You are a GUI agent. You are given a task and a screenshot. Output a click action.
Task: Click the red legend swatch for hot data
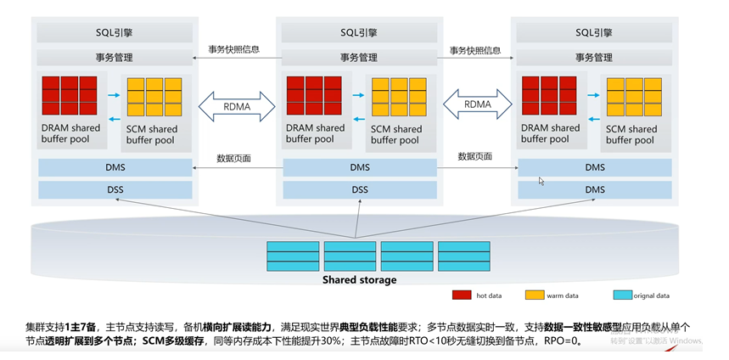tap(462, 295)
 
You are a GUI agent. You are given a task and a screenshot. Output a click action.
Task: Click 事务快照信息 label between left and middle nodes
tap(236, 49)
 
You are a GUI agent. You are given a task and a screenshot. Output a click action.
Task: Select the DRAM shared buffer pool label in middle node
tap(315, 133)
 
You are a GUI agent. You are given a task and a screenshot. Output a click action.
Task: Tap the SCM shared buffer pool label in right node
tap(631, 135)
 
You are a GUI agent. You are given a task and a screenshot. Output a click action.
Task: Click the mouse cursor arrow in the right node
tap(541, 180)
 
